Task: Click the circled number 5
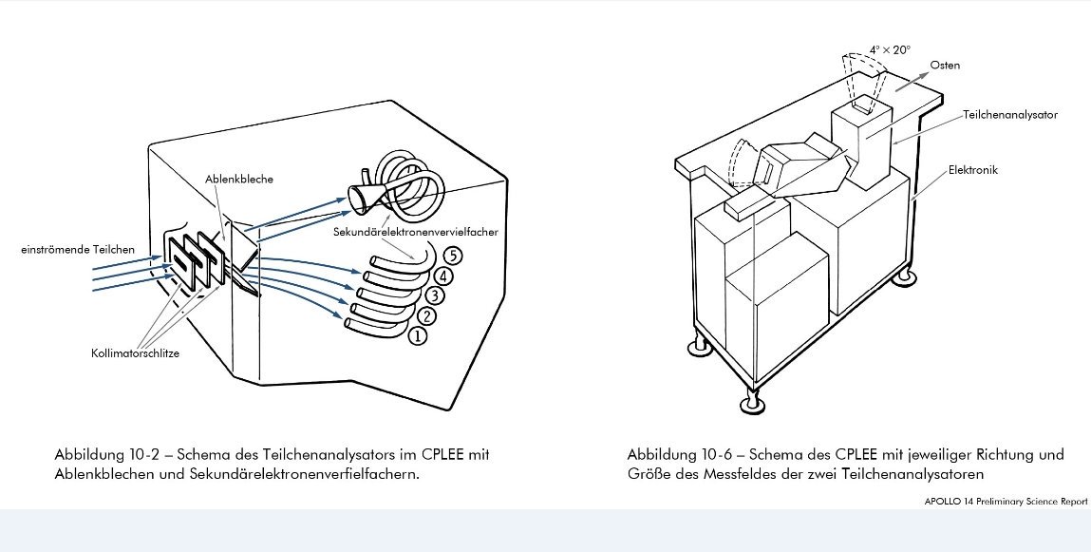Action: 453,257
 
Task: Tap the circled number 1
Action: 418,335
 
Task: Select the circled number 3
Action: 434,295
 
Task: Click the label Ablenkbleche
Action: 239,179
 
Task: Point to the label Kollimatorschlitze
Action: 135,352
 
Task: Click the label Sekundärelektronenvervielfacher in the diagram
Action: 415,232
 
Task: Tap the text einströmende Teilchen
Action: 78,249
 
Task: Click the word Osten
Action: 945,66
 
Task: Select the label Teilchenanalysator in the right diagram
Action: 1010,115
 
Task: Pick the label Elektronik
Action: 972,170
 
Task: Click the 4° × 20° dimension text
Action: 890,50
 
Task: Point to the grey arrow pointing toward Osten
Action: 912,80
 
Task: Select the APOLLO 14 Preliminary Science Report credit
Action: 1006,502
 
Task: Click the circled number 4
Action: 444,276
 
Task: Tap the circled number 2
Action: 425,316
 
